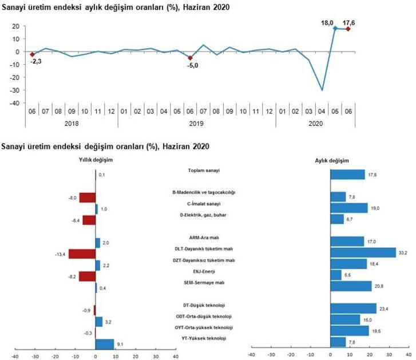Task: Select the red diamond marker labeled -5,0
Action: (x=191, y=58)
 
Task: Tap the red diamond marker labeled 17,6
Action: (x=348, y=29)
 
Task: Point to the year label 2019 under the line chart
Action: (x=191, y=123)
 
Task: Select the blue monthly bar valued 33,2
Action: (x=363, y=252)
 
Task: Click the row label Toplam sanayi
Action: (x=204, y=171)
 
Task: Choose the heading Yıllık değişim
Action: (x=96, y=160)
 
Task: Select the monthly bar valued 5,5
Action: (x=336, y=275)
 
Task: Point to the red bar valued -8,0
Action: (x=87, y=198)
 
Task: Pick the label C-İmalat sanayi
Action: (x=204, y=204)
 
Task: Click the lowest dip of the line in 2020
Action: (x=322, y=90)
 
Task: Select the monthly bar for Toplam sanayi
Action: (x=347, y=175)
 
